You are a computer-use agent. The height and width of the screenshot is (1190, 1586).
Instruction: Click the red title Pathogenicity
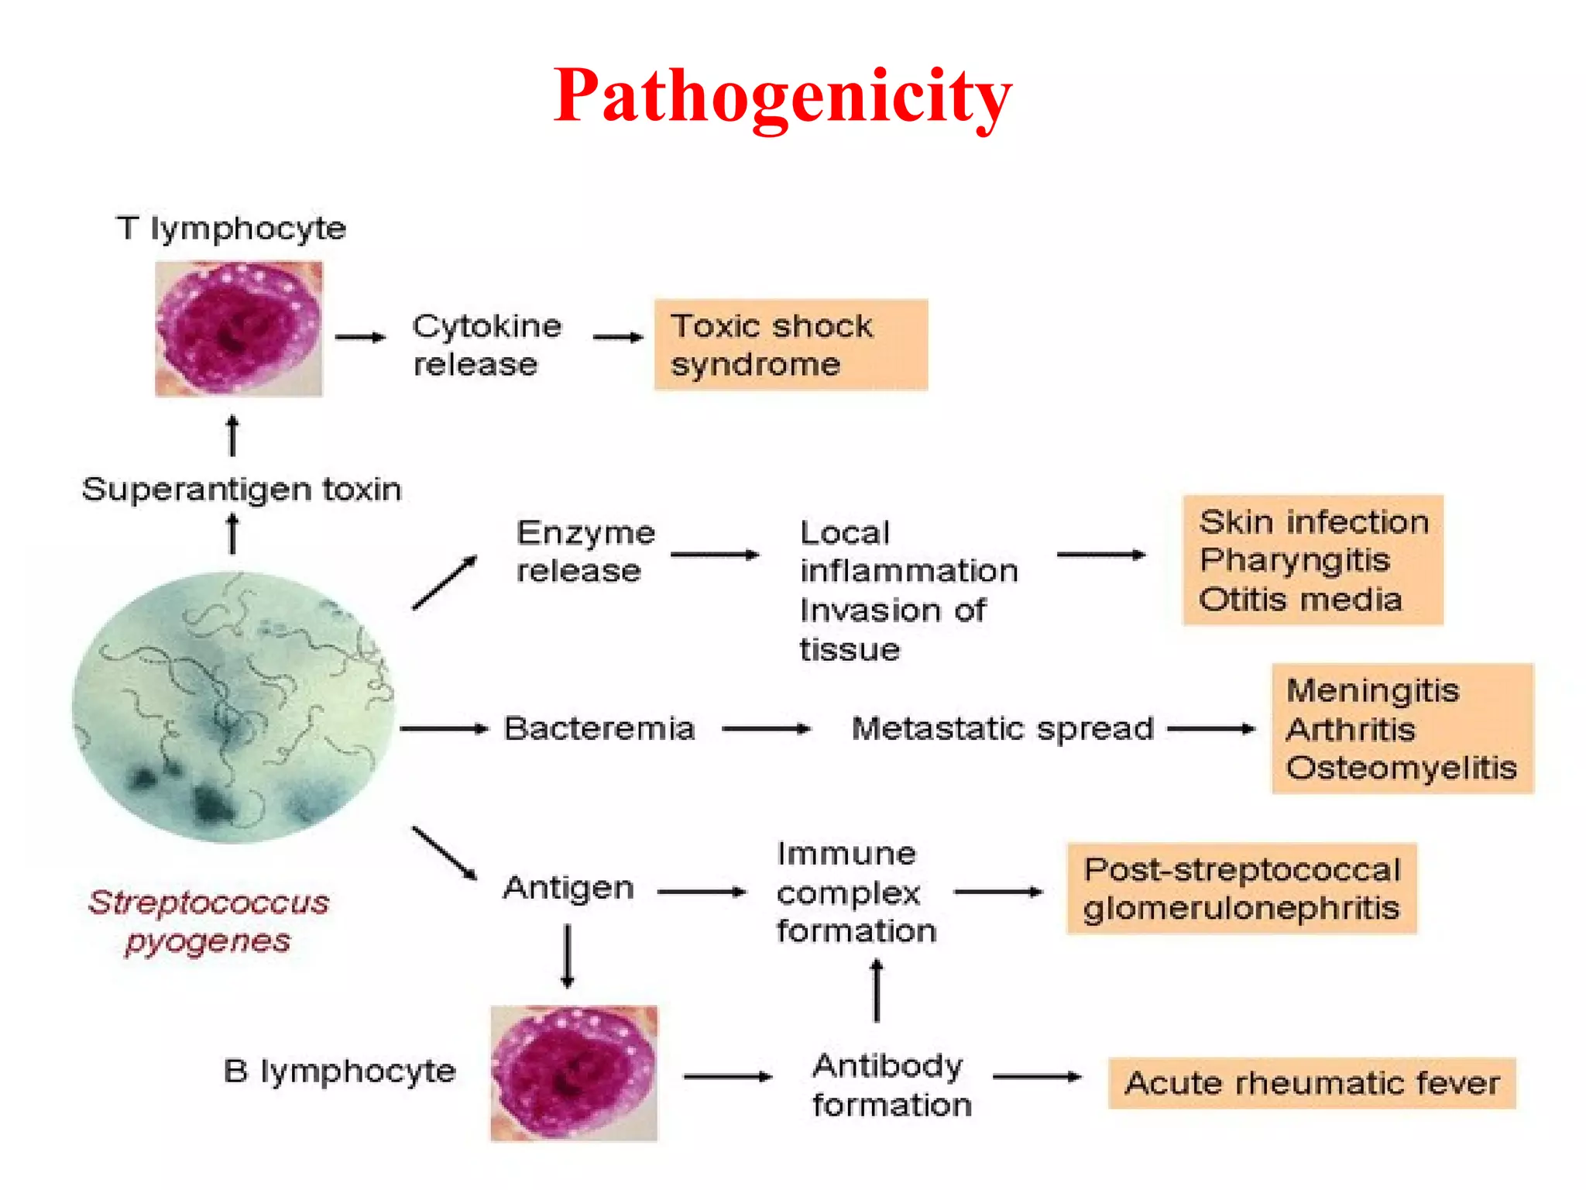[x=782, y=96]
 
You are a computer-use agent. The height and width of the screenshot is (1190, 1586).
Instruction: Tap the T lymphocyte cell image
[x=239, y=329]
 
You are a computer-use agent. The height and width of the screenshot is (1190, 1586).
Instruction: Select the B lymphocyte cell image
[x=574, y=1073]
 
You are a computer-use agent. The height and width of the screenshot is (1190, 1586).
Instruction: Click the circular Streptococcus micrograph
[x=232, y=707]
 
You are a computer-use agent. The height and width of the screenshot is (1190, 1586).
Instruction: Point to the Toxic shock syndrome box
[x=791, y=345]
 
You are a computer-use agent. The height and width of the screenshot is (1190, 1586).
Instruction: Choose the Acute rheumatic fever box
[x=1311, y=1082]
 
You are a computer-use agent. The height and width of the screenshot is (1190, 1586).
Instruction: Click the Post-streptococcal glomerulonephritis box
[x=1241, y=889]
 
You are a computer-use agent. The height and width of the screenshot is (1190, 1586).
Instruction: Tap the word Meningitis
[x=1372, y=690]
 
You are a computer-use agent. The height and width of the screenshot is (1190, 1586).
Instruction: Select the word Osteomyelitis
[x=1401, y=768]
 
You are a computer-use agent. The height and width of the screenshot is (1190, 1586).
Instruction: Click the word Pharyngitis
[x=1295, y=559]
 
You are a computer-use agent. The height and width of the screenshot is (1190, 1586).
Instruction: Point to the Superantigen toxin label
[x=242, y=490]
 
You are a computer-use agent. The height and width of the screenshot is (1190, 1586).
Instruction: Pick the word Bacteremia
[x=599, y=728]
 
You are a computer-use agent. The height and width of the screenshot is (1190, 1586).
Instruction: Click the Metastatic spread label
[x=1003, y=728]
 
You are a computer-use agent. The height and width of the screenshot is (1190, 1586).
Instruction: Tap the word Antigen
[x=568, y=888]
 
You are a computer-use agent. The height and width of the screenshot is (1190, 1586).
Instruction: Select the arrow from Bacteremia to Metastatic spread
[x=766, y=729]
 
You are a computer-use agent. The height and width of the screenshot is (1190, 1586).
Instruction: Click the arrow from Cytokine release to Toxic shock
[x=618, y=337]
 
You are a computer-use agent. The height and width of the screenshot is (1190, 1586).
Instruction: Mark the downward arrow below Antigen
[x=568, y=957]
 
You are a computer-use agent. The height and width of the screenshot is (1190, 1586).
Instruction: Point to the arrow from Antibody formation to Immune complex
[x=877, y=991]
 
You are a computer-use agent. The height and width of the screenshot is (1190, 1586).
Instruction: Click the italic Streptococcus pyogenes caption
[x=208, y=922]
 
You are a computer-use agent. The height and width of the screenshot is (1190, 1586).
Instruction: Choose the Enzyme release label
[x=585, y=552]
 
